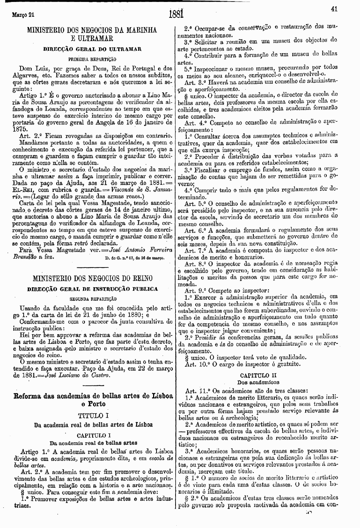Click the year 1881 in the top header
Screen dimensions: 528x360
177,14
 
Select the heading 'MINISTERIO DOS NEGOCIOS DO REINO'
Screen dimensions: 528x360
92,278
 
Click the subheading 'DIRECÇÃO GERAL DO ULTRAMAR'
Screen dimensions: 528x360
92,50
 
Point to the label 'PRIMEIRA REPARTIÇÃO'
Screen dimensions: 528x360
92,59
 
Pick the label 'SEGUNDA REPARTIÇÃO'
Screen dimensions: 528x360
92,299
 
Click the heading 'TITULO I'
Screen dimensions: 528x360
92,416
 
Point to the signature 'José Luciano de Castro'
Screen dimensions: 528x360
78,375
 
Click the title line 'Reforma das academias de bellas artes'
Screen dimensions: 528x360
93,396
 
